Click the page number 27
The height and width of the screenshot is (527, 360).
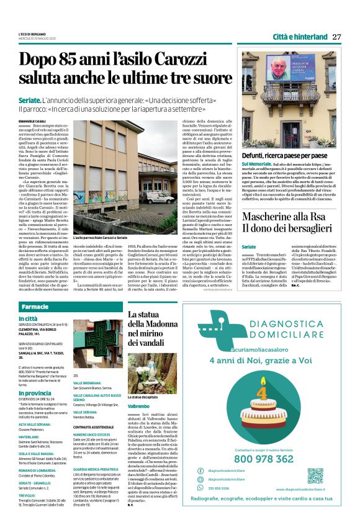(x=337, y=37)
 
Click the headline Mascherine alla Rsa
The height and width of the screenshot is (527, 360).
(x=289, y=217)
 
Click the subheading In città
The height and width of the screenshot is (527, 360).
(x=27, y=320)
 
